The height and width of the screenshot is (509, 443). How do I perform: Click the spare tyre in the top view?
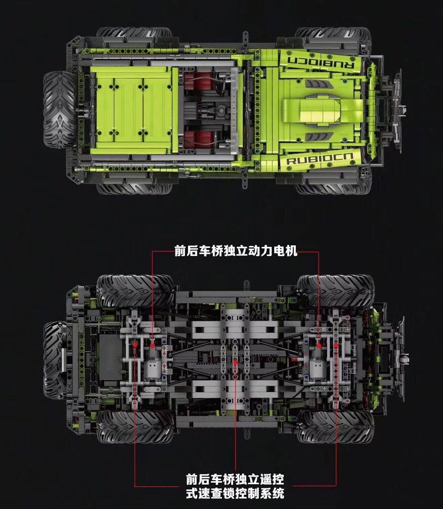pyautogui.click(x=60, y=109)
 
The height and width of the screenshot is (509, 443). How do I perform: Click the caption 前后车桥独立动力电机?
pyautogui.click(x=236, y=251)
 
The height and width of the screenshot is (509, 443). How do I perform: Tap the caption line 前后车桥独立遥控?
pyautogui.click(x=235, y=479)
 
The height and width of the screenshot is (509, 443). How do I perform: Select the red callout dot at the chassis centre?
pyautogui.click(x=236, y=363)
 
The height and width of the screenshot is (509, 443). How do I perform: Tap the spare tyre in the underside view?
pyautogui.click(x=54, y=360)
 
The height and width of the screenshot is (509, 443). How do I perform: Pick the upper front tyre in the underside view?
pyautogui.click(x=335, y=292)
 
